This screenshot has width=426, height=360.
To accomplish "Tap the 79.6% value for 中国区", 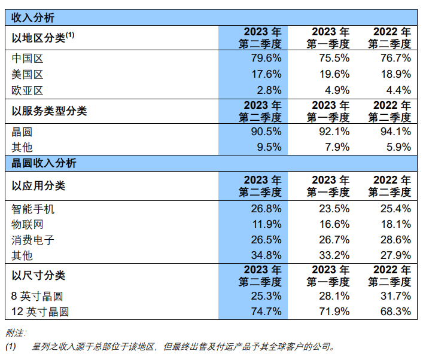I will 266,58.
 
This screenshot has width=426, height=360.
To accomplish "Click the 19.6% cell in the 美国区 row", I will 334,74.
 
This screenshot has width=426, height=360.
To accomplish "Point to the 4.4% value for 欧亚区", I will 398,90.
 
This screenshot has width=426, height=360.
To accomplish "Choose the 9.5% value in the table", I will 269,147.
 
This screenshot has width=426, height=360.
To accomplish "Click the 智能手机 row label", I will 33,209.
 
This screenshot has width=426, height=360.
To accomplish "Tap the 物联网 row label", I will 28,224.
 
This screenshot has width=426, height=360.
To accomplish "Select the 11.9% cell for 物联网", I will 266,224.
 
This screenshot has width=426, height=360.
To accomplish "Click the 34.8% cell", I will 266,255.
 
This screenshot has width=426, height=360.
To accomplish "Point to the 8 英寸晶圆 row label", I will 37,296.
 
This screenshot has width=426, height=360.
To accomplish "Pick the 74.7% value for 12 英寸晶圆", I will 266,312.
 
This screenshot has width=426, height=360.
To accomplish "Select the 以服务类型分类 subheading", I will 49,111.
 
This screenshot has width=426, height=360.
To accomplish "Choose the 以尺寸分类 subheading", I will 38,276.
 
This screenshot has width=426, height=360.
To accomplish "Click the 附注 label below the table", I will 16,332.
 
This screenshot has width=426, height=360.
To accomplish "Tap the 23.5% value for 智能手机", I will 334,209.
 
